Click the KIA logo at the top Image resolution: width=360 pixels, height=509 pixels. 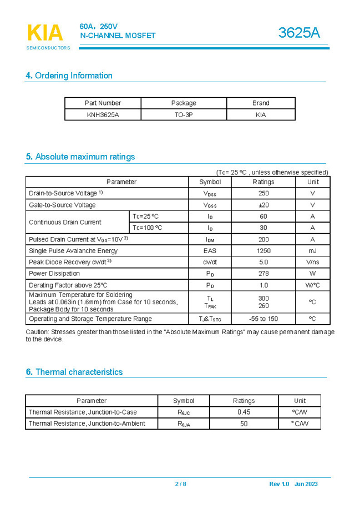[x=45, y=33]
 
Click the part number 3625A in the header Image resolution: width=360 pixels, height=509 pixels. [x=299, y=33]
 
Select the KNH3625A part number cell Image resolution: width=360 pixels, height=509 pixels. [x=103, y=115]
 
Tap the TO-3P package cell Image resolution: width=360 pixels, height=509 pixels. [x=184, y=115]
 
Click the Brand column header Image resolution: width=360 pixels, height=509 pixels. [x=261, y=103]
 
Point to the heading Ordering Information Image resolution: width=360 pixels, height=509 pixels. [x=69, y=75]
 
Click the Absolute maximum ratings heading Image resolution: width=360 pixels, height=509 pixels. [x=80, y=157]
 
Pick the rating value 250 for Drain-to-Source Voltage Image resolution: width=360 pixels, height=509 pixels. [x=263, y=193]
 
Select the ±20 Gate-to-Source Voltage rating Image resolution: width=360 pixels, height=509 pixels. [x=263, y=205]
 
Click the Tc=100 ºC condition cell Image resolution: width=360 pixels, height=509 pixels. [x=148, y=228]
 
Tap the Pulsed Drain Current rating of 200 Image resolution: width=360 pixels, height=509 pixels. [x=263, y=239]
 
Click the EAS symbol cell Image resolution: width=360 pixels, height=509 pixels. [x=210, y=251]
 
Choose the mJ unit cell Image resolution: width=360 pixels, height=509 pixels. [x=312, y=251]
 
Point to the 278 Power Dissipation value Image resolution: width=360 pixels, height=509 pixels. [x=263, y=273]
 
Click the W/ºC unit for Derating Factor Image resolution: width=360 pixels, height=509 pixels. [x=312, y=285]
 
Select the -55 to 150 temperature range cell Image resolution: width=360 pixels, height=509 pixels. [x=263, y=319]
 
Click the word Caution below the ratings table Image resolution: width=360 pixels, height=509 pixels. [x=37, y=332]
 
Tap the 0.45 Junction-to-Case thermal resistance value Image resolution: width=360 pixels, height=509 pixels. [x=244, y=412]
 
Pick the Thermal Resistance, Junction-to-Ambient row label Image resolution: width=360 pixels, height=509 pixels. [x=87, y=424]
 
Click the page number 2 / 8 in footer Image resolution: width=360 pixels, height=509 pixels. [x=181, y=484]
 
